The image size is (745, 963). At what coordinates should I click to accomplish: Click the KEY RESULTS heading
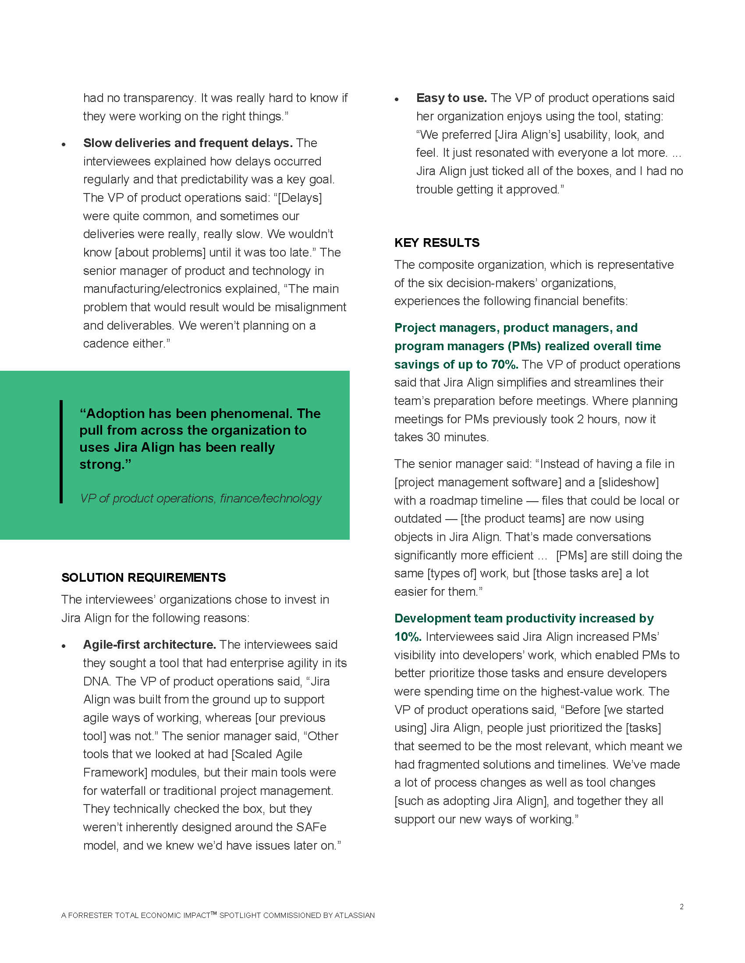436,243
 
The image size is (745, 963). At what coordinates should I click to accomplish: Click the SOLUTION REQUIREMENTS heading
143,577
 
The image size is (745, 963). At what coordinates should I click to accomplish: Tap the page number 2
681,907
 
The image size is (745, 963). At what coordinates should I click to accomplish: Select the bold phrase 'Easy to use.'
451,98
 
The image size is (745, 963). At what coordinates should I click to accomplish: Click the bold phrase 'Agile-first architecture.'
149,645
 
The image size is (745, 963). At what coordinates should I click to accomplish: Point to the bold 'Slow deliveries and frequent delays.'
188,143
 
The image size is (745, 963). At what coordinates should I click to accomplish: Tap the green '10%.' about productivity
408,637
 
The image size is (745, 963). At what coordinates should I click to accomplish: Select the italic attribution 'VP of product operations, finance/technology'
200,498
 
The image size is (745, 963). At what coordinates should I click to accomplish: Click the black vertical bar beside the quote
61,452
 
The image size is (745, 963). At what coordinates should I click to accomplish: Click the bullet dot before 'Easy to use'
397,100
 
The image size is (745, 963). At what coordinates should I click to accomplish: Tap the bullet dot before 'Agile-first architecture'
64,647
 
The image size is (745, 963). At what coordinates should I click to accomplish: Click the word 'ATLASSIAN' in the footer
355,915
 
